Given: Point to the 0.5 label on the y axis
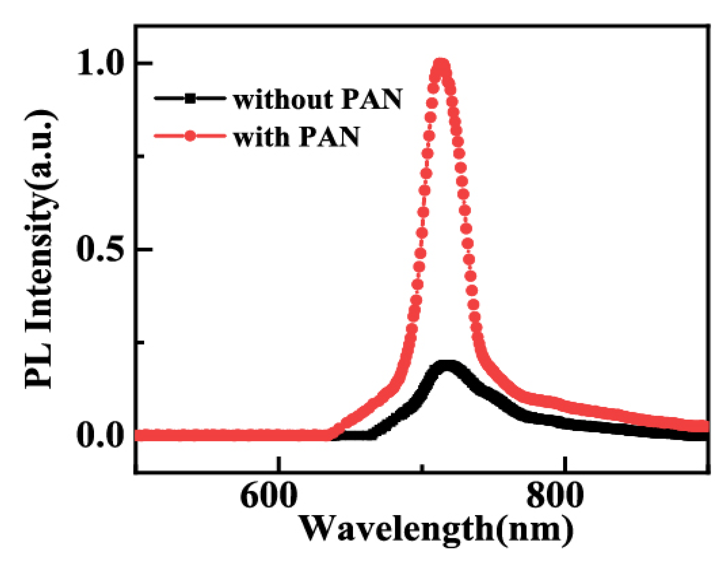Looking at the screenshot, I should click(100, 250).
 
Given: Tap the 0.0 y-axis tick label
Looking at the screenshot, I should click(100, 435).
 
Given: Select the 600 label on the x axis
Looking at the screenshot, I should click(269, 497).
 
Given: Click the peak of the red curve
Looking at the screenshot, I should click(441, 66).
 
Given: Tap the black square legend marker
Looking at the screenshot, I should click(190, 98).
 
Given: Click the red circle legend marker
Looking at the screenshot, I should click(190, 136).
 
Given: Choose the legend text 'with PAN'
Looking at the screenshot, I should click(296, 137).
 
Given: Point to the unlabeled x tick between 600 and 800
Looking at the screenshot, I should click(423, 468).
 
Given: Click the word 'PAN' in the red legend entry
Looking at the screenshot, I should click(330, 137).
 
